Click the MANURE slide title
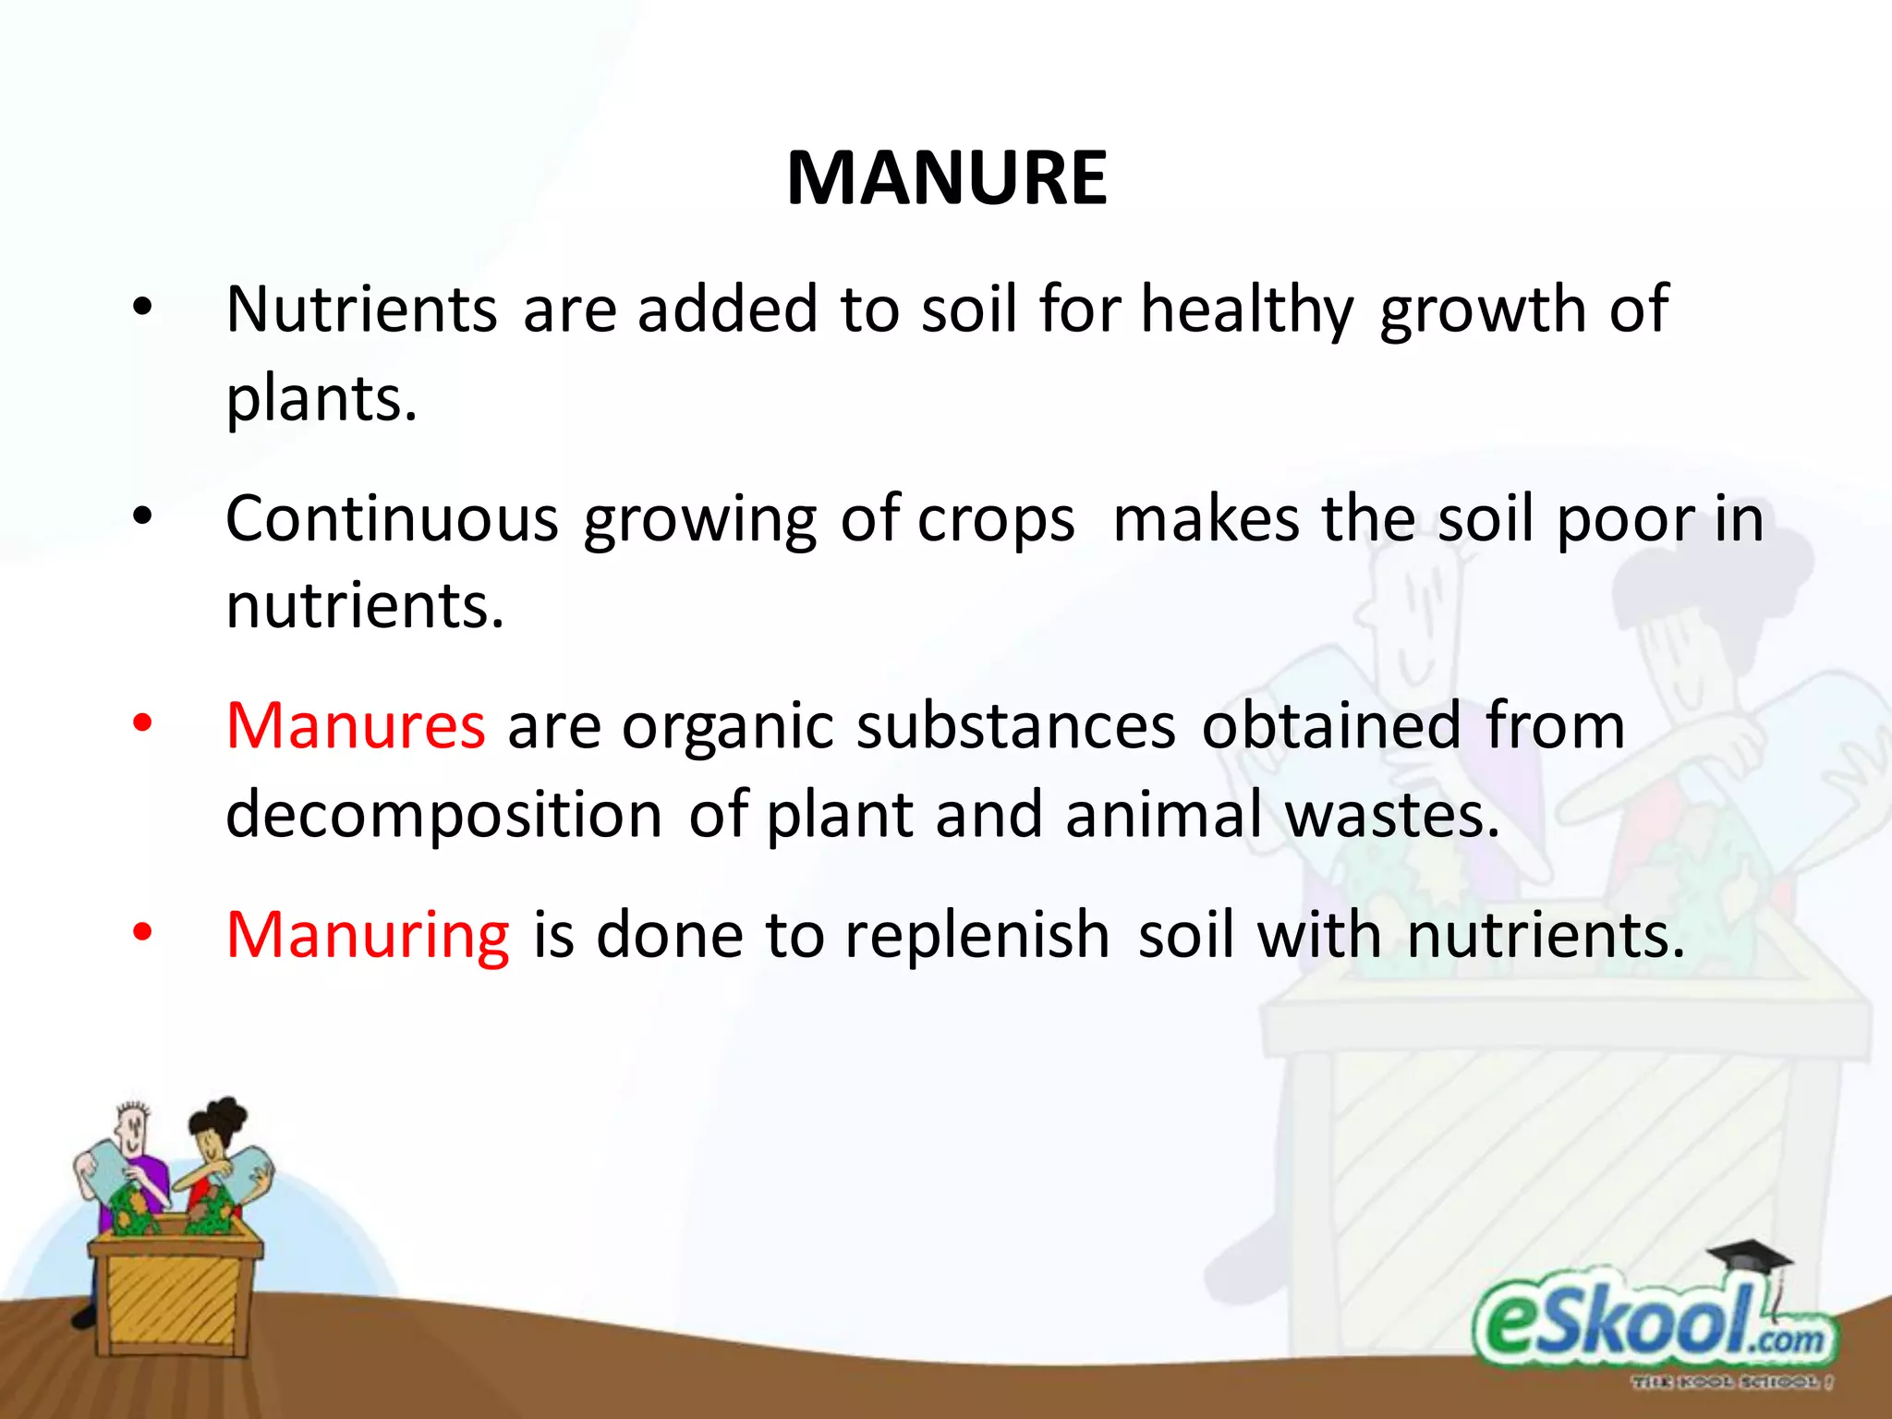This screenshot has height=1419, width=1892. pos(946,177)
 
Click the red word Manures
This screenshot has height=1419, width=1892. pos(356,726)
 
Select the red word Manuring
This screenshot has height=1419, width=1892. pos(368,935)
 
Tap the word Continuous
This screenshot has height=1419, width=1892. pos(392,519)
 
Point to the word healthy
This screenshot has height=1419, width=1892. pos(1246,310)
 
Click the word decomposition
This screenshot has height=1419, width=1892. pos(443,816)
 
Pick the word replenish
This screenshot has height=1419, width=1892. pos(976,935)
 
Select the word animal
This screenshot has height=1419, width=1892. pos(1163,816)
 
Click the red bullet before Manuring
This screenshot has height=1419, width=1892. pos(141,933)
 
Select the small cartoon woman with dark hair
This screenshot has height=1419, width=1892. pos(220,1155)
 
